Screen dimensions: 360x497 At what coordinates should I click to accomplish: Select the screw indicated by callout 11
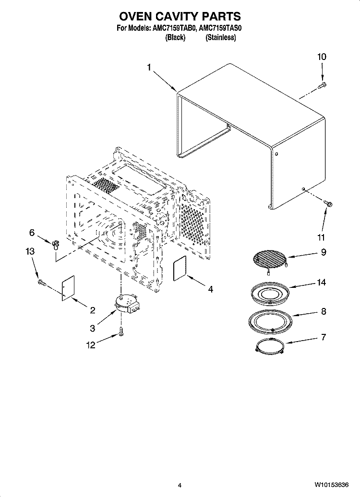[x=328, y=203]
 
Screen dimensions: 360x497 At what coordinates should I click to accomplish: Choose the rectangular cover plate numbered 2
[x=68, y=288]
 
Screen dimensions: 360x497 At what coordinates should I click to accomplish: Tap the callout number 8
[x=323, y=311]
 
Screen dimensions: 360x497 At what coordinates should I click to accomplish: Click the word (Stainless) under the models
[x=220, y=37]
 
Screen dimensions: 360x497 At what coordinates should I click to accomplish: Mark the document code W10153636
[x=332, y=485]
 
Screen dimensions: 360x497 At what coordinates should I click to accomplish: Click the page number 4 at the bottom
[x=180, y=485]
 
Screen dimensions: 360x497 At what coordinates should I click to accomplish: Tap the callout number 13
[x=30, y=251]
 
